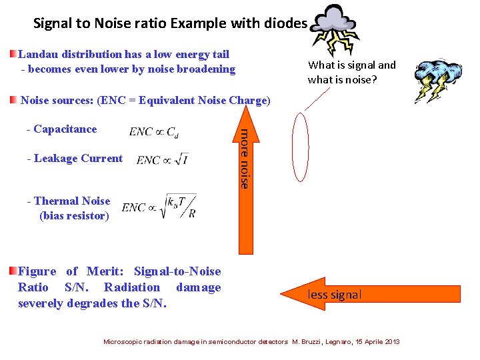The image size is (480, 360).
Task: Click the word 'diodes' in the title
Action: click(287, 24)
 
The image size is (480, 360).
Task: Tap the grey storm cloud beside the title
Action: click(337, 27)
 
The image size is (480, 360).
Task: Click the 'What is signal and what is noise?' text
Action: click(351, 72)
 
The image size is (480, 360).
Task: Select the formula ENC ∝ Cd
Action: click(154, 131)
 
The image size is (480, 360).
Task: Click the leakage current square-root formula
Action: click(162, 159)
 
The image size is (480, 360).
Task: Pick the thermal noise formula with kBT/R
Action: click(159, 207)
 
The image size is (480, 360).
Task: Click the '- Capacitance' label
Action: click(61, 129)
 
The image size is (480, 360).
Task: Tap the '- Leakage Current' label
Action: click(75, 159)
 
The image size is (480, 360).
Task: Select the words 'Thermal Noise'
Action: click(72, 201)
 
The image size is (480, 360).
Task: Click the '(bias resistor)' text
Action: click(74, 215)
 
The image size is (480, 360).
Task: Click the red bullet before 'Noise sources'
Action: click(13, 100)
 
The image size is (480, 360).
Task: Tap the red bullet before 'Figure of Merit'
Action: click(13, 271)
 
